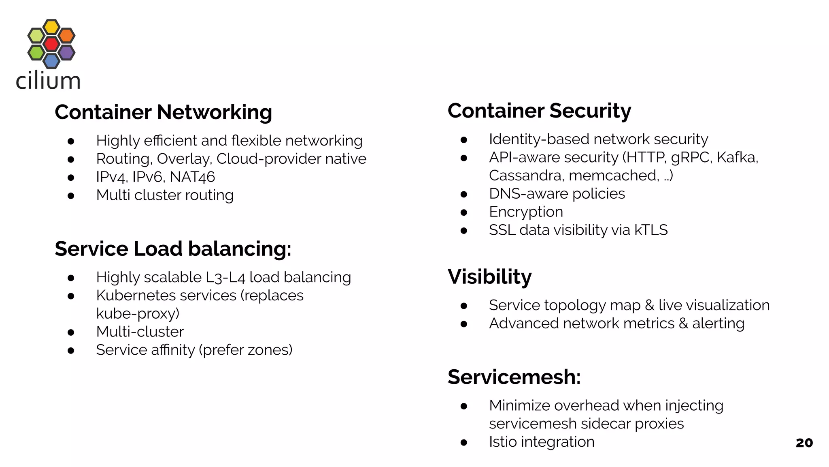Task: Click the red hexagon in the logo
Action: pos(51,44)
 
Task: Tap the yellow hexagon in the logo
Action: pos(51,27)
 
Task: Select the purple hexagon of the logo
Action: pos(66,52)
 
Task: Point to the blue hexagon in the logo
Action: pos(51,61)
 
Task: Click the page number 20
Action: pos(804,443)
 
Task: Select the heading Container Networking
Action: pos(163,112)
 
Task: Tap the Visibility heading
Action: pos(489,277)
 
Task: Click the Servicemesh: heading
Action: pos(514,377)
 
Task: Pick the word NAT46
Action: pos(192,177)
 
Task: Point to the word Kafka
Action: pos(737,157)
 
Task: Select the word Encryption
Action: pos(526,212)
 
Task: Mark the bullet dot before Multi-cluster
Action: pos(71,332)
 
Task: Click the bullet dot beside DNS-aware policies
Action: pos(464,195)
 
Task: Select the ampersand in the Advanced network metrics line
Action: pos(683,323)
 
